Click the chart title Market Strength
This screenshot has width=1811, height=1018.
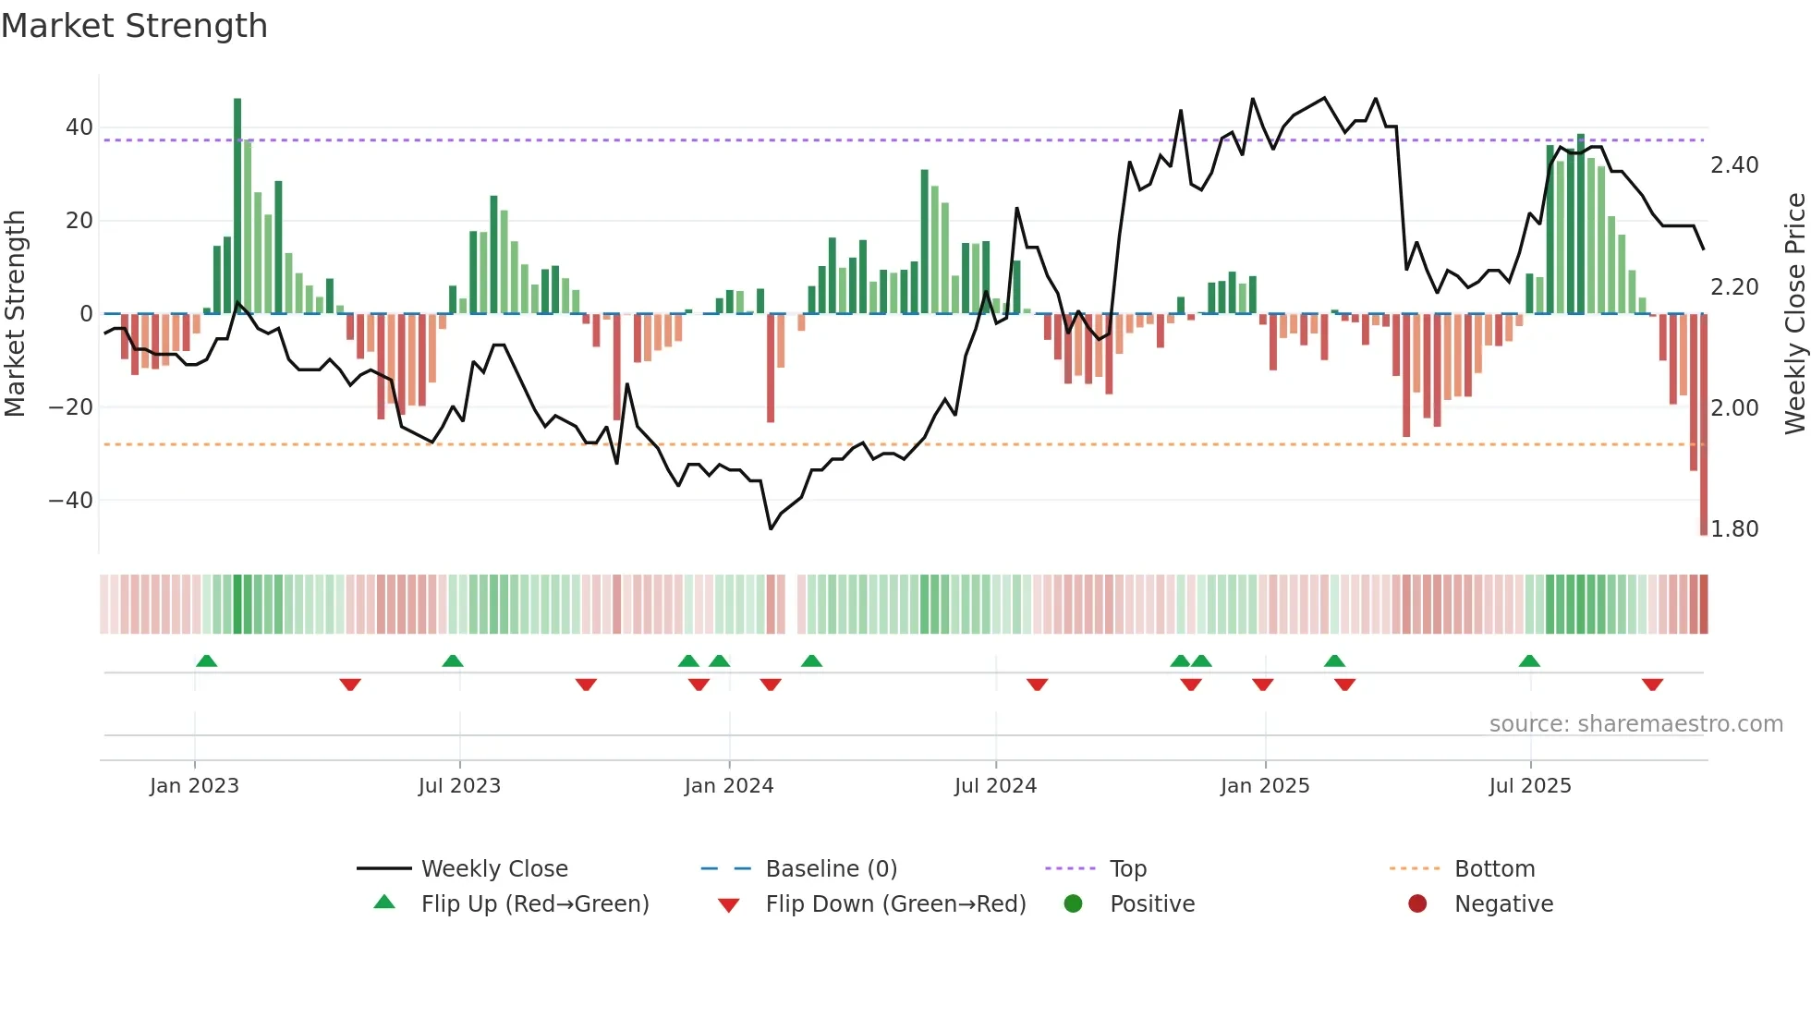tap(134, 26)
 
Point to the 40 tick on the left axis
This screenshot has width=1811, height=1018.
tap(79, 127)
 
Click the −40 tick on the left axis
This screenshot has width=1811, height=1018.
tap(71, 501)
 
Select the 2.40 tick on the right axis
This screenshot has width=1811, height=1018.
tap(1734, 165)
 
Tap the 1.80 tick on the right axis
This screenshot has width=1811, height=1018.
tap(1734, 529)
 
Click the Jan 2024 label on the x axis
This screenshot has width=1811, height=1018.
tap(729, 786)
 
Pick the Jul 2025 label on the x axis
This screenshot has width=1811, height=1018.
tap(1530, 786)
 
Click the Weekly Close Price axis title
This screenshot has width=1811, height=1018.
tap(1794, 314)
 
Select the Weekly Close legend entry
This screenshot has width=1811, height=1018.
tap(494, 869)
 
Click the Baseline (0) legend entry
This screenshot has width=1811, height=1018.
tap(831, 869)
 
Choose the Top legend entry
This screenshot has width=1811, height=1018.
tap(1128, 869)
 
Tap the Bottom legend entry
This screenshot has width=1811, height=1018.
tap(1494, 869)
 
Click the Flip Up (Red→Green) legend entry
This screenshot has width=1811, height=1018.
tap(535, 904)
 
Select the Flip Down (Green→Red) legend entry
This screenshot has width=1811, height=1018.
tap(895, 904)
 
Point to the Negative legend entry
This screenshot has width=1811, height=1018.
tap(1503, 904)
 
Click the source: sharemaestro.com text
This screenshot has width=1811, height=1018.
tap(1635, 724)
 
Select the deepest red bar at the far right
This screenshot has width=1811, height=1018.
tap(1704, 425)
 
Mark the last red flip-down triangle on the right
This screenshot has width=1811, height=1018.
tap(1652, 685)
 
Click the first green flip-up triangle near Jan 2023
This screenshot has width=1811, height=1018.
tap(207, 660)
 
